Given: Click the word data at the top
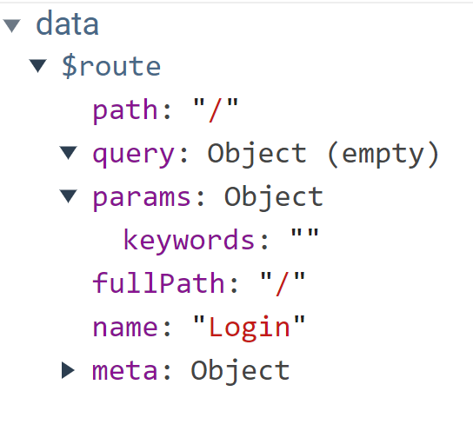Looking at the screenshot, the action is [67, 23].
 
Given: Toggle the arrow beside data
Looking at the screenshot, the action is [11, 25].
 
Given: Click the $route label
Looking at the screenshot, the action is [111, 67].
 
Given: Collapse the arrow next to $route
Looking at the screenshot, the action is [37, 66].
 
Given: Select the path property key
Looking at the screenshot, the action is [124, 110].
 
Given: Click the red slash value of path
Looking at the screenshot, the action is [216, 110].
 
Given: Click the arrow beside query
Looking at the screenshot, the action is [68, 153].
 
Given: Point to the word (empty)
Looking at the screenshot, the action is [383, 154].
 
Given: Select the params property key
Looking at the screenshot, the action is [142, 198].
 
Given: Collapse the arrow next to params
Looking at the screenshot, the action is [68, 196].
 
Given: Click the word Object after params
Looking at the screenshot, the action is [274, 197].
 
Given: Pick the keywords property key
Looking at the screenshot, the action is [190, 240].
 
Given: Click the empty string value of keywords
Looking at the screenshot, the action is [304, 234].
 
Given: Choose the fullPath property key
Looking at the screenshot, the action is [158, 282].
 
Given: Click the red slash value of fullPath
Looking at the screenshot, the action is [283, 283].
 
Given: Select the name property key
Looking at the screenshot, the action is [124, 328].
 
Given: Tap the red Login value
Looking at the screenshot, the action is [250, 328].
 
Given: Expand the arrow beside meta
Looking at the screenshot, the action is [68, 370].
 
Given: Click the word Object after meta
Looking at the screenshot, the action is [240, 371].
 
